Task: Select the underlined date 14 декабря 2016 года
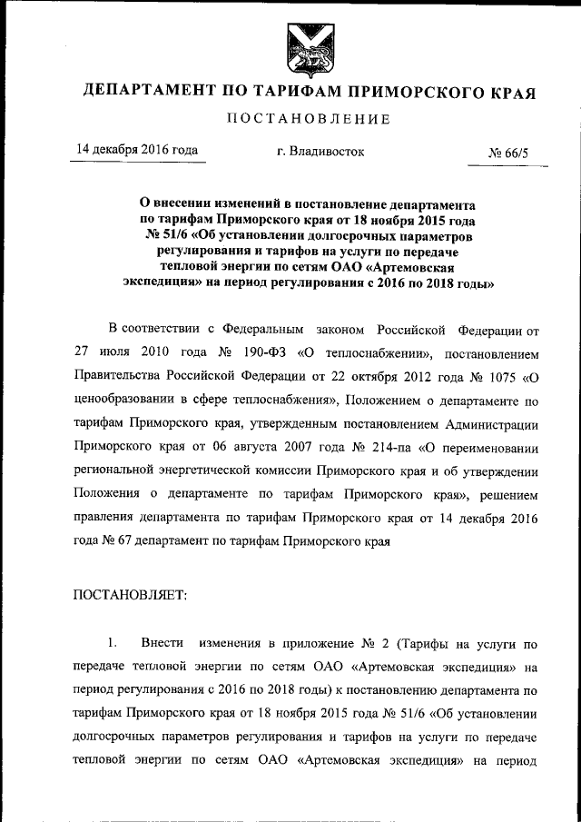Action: [x=136, y=151]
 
